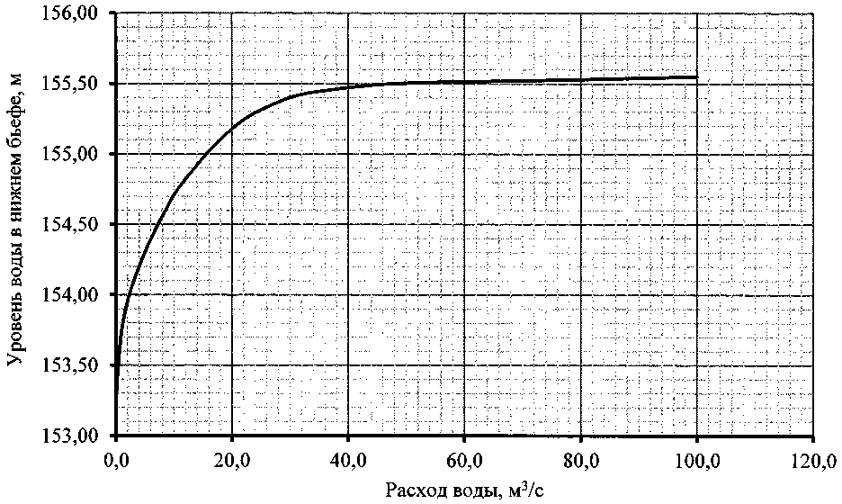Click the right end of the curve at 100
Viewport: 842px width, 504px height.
[x=696, y=77]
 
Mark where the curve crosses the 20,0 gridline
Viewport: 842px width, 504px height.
[x=232, y=128]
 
